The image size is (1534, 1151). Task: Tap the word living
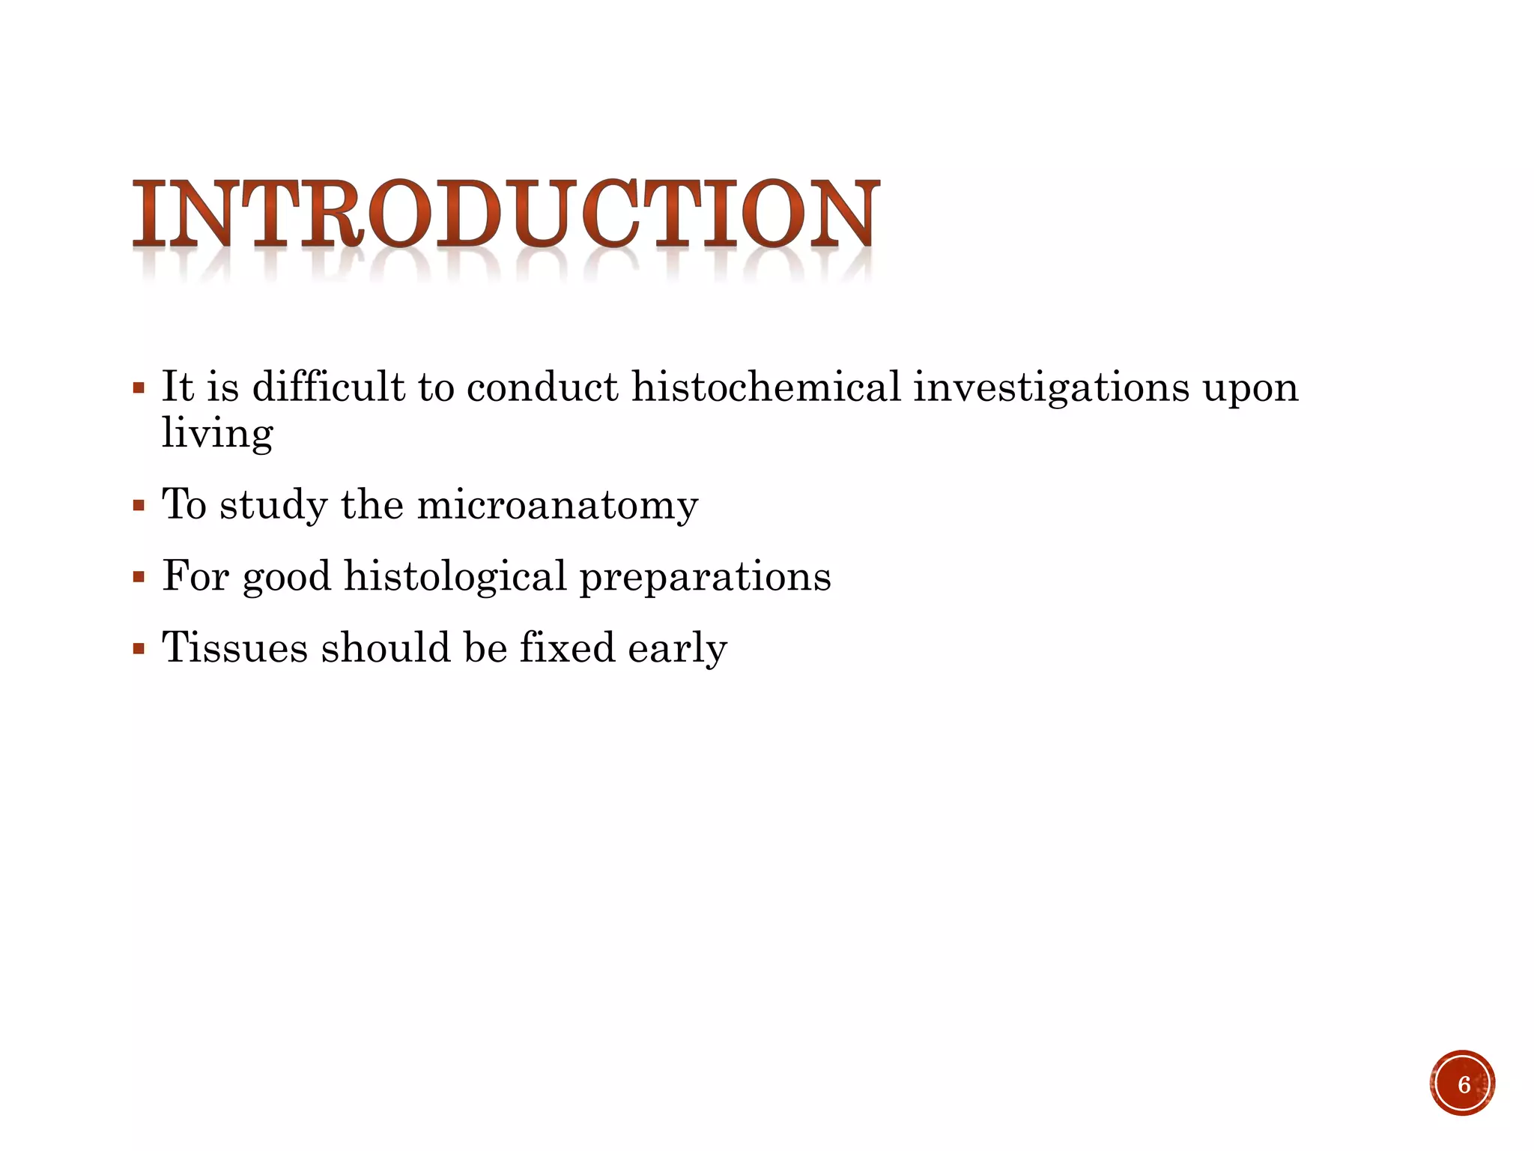pyautogui.click(x=217, y=434)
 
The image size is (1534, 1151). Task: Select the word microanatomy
pyautogui.click(x=557, y=505)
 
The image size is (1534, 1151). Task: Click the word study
pyautogui.click(x=273, y=505)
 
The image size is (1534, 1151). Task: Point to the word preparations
pyautogui.click(x=705, y=578)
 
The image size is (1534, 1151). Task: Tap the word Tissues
pyautogui.click(x=234, y=647)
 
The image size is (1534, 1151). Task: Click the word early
pyautogui.click(x=677, y=649)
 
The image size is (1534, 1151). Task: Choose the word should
pyautogui.click(x=386, y=647)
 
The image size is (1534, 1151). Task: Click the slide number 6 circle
pyautogui.click(x=1462, y=1084)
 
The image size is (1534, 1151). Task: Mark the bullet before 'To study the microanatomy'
pyautogui.click(x=138, y=506)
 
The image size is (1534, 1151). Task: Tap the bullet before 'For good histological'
pyautogui.click(x=138, y=578)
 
